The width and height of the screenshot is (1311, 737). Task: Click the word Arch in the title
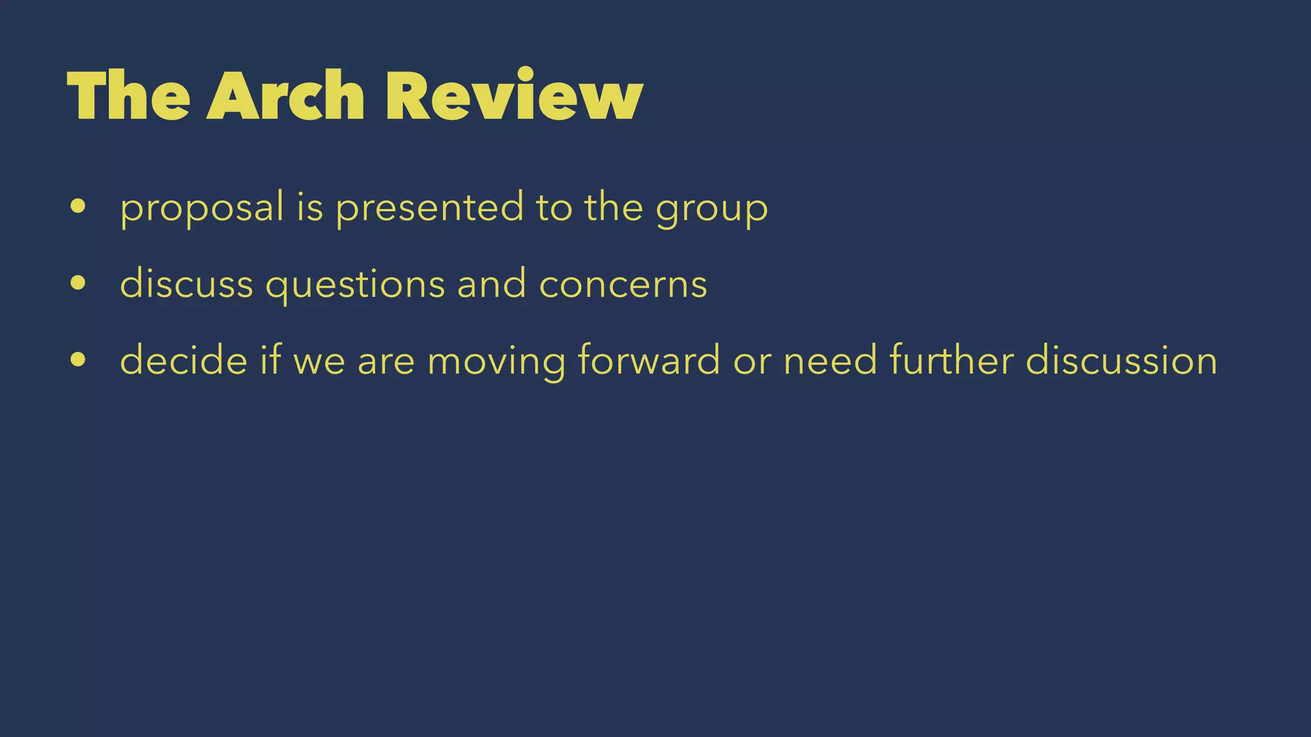coord(285,96)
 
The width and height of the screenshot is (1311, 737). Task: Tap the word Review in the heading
coord(513,96)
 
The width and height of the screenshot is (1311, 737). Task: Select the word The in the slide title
coord(128,96)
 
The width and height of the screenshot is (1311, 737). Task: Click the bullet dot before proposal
coord(78,207)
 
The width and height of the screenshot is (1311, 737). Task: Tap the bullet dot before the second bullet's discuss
coord(78,283)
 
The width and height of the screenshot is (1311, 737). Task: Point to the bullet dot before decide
coord(78,360)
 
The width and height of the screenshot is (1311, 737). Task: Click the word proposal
coord(202,209)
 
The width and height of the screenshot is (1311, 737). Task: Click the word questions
coord(355,285)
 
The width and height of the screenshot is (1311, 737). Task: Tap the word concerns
coord(623,285)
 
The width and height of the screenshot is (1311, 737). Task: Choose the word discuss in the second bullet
coord(186,283)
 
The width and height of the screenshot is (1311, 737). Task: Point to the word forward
coord(648,360)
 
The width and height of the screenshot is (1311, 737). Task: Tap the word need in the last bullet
coord(830,360)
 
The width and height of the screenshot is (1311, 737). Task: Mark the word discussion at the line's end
coord(1121,360)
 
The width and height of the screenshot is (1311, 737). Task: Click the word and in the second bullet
coord(492,283)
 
